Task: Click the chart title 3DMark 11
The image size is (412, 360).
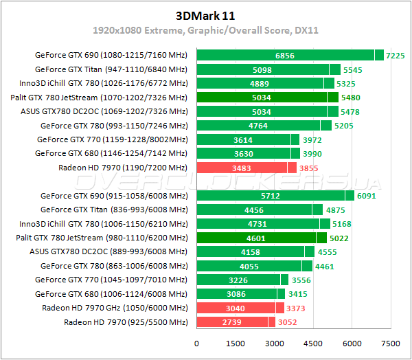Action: (205, 15)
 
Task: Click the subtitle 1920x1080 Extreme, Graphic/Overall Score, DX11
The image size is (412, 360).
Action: (205, 31)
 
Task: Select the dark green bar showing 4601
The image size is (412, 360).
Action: (257, 238)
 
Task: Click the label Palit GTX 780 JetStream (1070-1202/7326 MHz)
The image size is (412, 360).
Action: (99, 98)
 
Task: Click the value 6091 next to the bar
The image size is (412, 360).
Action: (370, 196)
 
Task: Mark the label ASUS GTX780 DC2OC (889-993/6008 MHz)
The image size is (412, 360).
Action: (106, 251)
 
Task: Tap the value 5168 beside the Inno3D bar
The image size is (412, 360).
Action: (341, 224)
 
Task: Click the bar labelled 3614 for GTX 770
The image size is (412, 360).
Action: (244, 139)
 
